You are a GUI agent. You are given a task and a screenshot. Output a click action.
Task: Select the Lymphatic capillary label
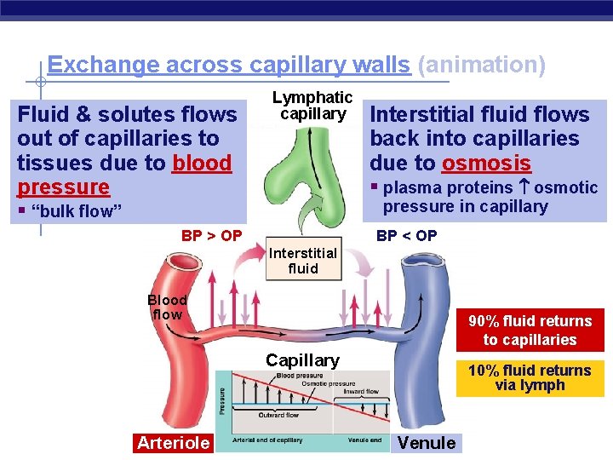[x=312, y=106]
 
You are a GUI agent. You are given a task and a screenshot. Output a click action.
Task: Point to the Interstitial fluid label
[x=303, y=261]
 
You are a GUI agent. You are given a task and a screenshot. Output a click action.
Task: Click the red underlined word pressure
[x=64, y=187]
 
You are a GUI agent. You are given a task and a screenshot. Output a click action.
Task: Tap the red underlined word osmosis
[x=486, y=163]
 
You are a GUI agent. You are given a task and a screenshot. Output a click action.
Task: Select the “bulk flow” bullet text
[x=77, y=211]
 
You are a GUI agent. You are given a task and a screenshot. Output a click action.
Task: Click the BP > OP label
[x=211, y=236]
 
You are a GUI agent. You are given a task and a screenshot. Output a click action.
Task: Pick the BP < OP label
[x=407, y=236]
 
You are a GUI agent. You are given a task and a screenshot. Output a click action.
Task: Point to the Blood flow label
[x=167, y=308]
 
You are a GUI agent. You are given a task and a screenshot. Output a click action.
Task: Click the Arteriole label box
[x=173, y=442]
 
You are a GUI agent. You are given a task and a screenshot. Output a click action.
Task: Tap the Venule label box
[x=427, y=442]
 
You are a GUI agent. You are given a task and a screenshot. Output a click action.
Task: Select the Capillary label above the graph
[x=302, y=360]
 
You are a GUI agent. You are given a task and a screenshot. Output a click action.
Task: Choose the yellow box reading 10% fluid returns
[x=530, y=377]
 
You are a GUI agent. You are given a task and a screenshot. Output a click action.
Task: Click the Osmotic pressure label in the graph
[x=329, y=384]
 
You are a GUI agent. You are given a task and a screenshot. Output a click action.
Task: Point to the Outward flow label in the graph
[x=278, y=415]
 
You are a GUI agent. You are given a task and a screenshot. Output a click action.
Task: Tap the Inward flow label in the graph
[x=361, y=393]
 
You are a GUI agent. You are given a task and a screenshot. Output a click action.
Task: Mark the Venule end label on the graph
[x=364, y=440]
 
